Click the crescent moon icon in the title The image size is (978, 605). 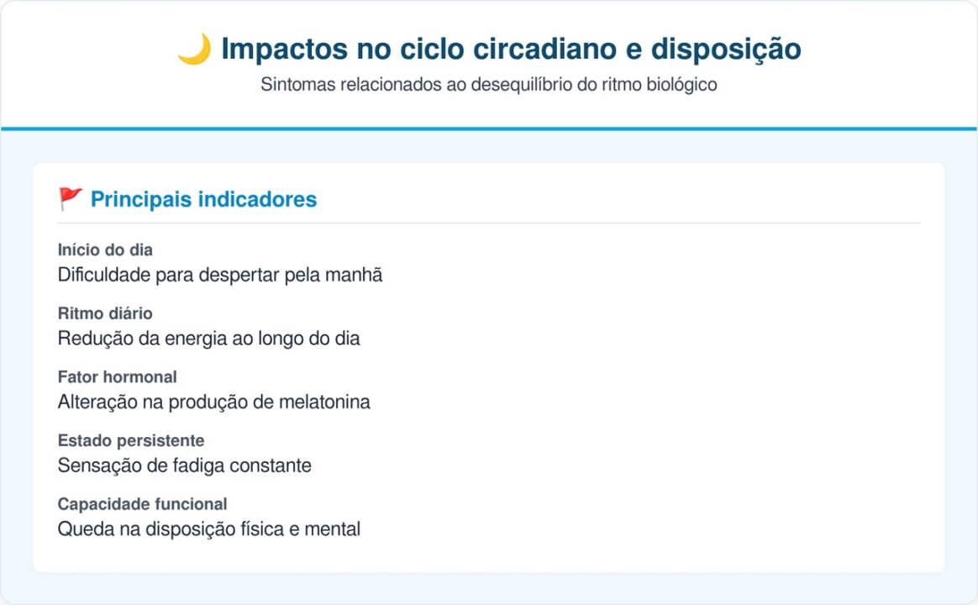click(194, 49)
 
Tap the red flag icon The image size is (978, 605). click(71, 199)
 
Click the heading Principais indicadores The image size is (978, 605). click(203, 199)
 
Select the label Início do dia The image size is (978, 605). click(105, 250)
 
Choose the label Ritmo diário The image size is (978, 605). click(105, 313)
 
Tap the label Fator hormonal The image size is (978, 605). click(117, 377)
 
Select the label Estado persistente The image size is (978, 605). click(130, 441)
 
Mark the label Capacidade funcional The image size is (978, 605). click(142, 504)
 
